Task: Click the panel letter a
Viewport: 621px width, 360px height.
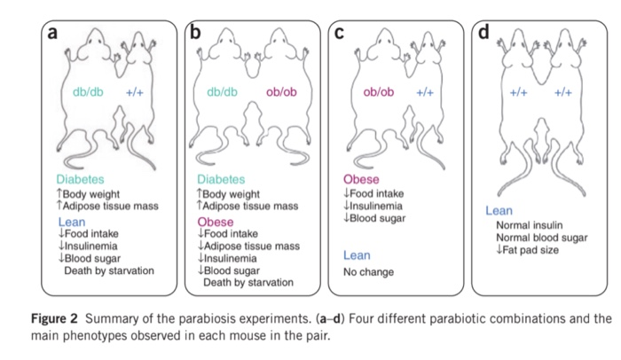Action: (52, 33)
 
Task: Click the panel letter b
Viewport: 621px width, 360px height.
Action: (196, 33)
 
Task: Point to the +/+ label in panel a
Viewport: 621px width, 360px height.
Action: (135, 92)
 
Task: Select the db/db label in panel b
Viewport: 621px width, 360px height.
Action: (222, 92)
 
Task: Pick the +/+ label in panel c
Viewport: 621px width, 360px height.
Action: (426, 92)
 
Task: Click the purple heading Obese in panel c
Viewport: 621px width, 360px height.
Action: (359, 179)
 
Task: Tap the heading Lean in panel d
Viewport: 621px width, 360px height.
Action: (499, 211)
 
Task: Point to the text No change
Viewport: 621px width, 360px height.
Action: (369, 272)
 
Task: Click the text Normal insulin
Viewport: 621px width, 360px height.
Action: (531, 225)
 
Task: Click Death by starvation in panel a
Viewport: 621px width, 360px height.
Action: (109, 270)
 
